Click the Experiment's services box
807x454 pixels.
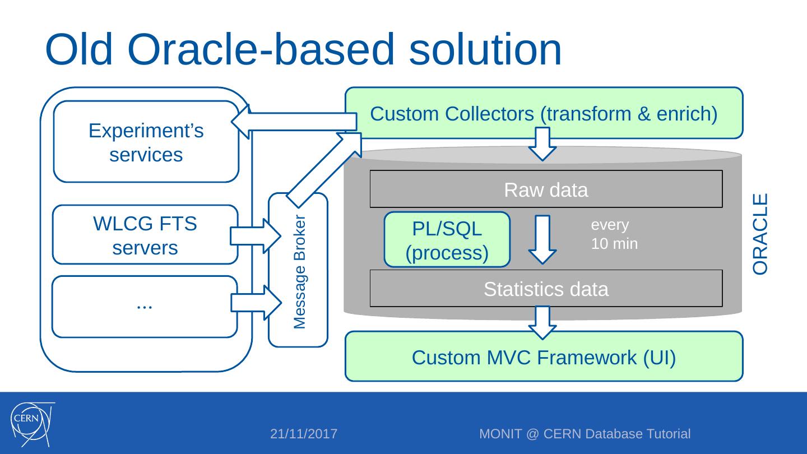146,142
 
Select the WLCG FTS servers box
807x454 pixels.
145,235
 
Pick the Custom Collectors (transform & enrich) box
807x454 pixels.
544,114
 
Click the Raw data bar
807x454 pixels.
546,190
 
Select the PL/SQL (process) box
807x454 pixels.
447,240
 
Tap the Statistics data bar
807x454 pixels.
546,289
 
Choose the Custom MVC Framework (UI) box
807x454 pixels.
544,357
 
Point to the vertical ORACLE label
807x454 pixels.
760,234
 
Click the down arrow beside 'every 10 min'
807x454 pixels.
542,239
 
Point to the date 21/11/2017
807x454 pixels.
304,434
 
